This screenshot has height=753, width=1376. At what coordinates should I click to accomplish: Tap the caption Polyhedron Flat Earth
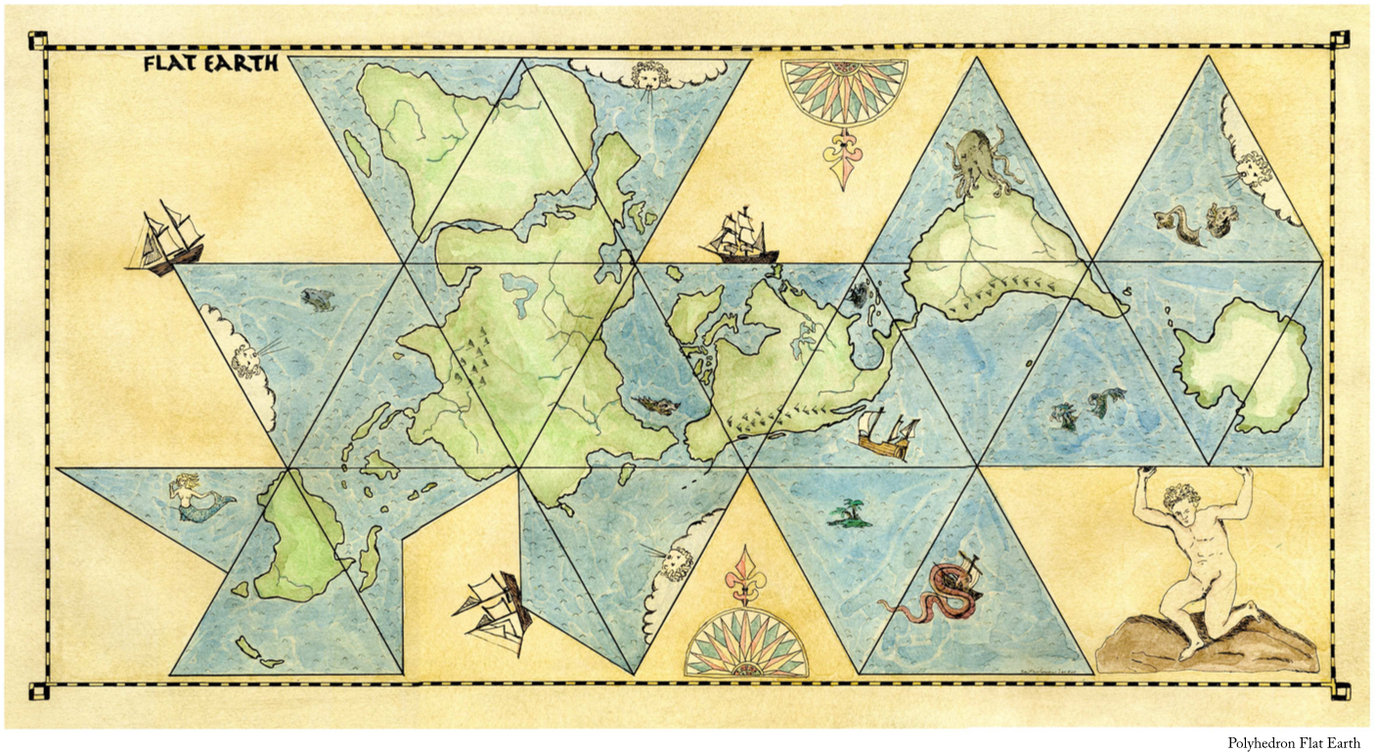pyautogui.click(x=1293, y=743)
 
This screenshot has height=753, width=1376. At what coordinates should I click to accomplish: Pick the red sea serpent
pyautogui.click(x=934, y=593)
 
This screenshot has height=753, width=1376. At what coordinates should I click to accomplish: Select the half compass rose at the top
pyautogui.click(x=843, y=92)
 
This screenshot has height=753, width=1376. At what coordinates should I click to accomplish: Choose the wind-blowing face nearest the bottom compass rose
pyautogui.click(x=676, y=561)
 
